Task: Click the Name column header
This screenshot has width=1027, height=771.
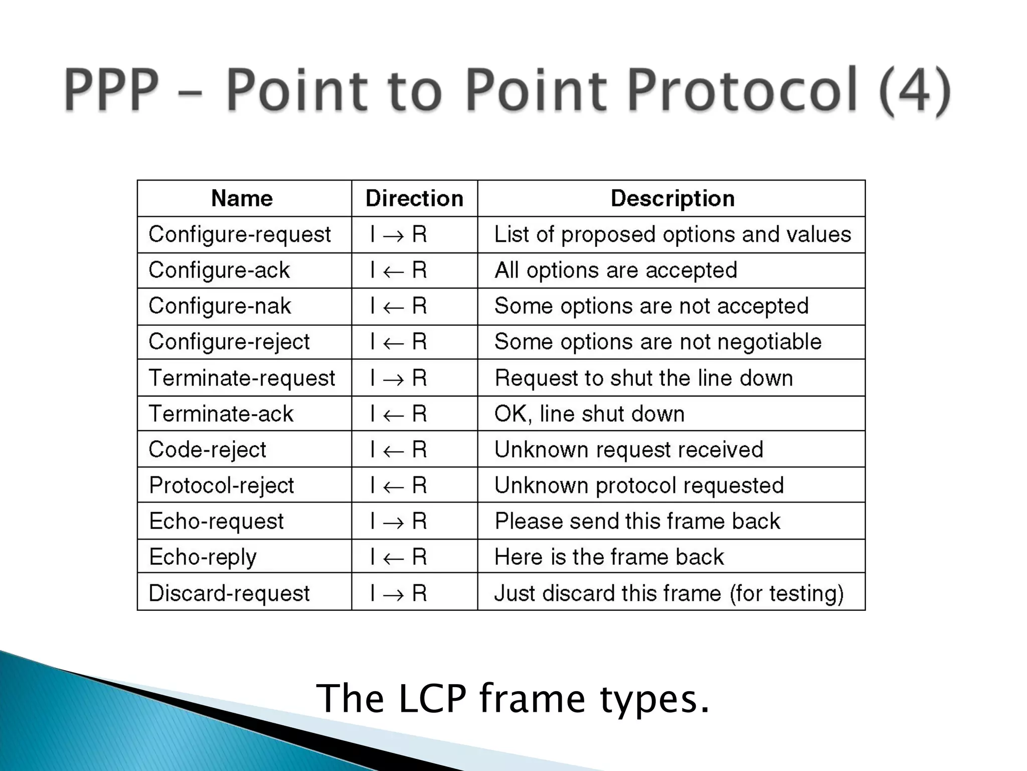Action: click(242, 198)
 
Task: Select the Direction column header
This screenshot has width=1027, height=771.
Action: click(414, 198)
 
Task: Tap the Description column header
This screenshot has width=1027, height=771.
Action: click(672, 198)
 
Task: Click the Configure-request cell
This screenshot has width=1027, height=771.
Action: click(240, 234)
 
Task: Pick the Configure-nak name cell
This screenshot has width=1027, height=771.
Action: click(220, 306)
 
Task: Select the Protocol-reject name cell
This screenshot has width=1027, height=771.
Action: click(221, 485)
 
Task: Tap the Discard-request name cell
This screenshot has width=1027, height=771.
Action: click(229, 593)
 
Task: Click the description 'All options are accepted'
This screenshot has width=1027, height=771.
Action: click(616, 271)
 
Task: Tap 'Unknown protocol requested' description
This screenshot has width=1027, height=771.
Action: click(639, 485)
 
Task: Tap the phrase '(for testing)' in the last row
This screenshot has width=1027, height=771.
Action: click(786, 593)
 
